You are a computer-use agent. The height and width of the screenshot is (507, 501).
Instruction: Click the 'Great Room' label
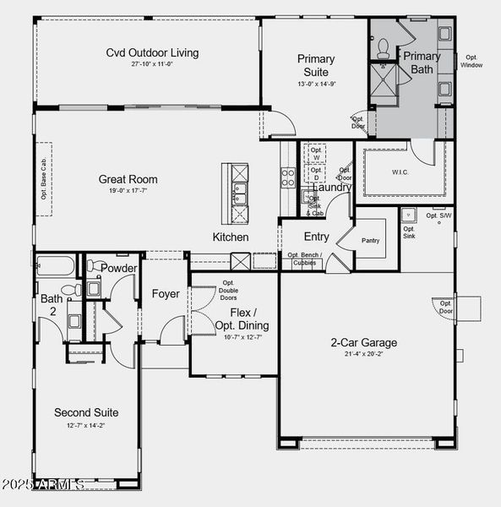coord(128,179)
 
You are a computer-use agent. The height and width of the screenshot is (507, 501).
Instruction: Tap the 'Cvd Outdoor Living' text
coord(152,52)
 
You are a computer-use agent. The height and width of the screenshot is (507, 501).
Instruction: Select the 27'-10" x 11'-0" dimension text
coord(152,64)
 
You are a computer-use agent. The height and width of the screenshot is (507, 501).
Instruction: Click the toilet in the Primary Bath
coord(383,46)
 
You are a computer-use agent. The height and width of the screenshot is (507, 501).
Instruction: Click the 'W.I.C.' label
coord(400,172)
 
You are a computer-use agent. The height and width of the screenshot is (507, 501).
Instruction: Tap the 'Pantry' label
coord(370,241)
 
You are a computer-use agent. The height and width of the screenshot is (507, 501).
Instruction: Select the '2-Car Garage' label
coord(363,343)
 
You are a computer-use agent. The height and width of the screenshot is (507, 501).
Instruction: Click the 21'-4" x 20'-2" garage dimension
coord(363,355)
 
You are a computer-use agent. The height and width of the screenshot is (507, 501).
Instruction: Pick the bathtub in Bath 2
coord(56,266)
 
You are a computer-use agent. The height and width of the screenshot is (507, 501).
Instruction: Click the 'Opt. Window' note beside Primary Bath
coord(471,61)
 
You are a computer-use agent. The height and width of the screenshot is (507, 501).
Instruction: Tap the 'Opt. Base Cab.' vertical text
coord(44,178)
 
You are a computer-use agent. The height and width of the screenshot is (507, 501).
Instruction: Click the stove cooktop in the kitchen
coord(287,177)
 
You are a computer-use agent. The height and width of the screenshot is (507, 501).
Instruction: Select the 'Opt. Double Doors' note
coord(228,291)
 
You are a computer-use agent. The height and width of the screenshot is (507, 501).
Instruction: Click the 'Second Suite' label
coord(86,412)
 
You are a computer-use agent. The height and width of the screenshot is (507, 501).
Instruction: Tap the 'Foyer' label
coord(166,294)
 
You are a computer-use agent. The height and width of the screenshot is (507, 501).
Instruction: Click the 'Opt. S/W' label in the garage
coord(438,215)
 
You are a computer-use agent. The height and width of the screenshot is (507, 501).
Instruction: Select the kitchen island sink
coord(239,194)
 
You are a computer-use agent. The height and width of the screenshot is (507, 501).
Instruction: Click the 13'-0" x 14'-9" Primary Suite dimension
coord(315,84)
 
